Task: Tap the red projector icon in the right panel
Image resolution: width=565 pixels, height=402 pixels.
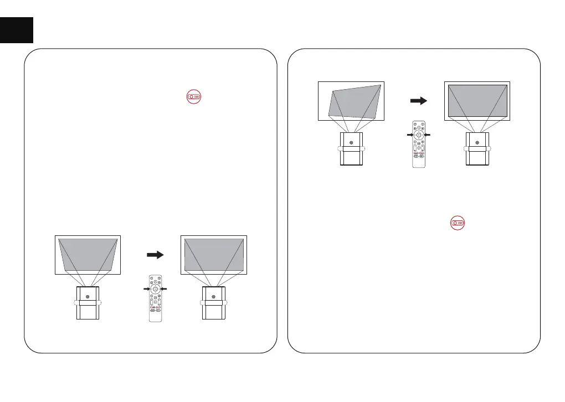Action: coord(457,223)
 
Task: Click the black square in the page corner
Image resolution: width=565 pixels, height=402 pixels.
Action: coord(17,29)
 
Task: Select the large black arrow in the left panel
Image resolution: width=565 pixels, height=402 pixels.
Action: coord(155,255)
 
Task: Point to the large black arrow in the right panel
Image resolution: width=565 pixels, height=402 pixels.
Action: coord(418,101)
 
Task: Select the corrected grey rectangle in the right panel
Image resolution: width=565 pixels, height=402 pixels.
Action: coord(477,100)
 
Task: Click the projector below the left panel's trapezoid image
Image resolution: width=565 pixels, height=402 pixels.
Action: coord(88,303)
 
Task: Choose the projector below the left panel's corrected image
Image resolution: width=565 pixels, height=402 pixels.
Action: coord(213,303)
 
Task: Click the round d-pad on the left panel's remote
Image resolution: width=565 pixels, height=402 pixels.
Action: coord(156,289)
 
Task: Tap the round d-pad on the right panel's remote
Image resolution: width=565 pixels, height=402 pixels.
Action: coord(419,135)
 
